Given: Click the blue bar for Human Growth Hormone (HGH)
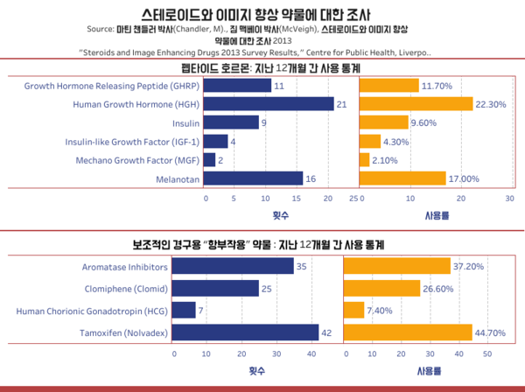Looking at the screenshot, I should [x=269, y=104].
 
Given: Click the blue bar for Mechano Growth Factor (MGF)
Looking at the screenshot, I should [x=209, y=160].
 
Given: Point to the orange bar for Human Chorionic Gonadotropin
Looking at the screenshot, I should [x=353, y=311].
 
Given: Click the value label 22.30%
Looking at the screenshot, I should [x=493, y=104].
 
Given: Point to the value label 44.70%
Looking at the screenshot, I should [x=493, y=332].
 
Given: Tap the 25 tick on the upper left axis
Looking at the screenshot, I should [x=353, y=199].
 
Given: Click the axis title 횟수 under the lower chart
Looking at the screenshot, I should [x=255, y=371].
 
